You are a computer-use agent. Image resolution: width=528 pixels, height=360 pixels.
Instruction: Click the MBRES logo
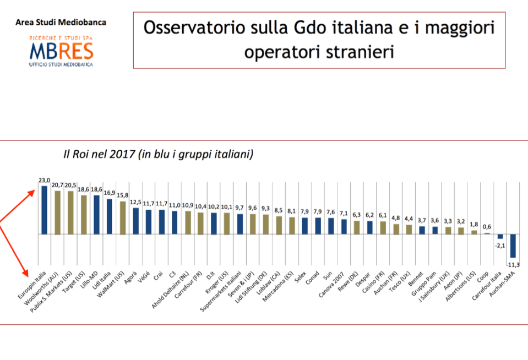pos(61,51)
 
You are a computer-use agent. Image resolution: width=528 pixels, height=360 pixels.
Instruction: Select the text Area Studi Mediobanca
pos(61,22)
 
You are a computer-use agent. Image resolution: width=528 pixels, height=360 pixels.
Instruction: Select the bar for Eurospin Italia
pos(45,210)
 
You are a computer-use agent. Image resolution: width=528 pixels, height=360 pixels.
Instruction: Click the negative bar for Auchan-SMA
pos(513,246)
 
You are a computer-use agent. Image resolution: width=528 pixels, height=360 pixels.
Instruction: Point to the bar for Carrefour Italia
pos(500,237)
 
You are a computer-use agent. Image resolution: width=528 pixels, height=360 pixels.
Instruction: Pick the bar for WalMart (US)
pos(123,218)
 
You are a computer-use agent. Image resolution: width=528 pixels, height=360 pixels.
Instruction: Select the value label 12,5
pos(135,202)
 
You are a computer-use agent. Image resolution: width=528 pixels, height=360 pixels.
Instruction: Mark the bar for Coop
pos(487,233)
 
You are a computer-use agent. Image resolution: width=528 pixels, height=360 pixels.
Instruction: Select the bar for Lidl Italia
pos(110,216)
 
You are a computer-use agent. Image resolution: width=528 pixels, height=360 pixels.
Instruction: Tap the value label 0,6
pos(487,227)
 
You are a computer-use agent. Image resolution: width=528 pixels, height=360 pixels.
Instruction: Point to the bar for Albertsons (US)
pos(474,232)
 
